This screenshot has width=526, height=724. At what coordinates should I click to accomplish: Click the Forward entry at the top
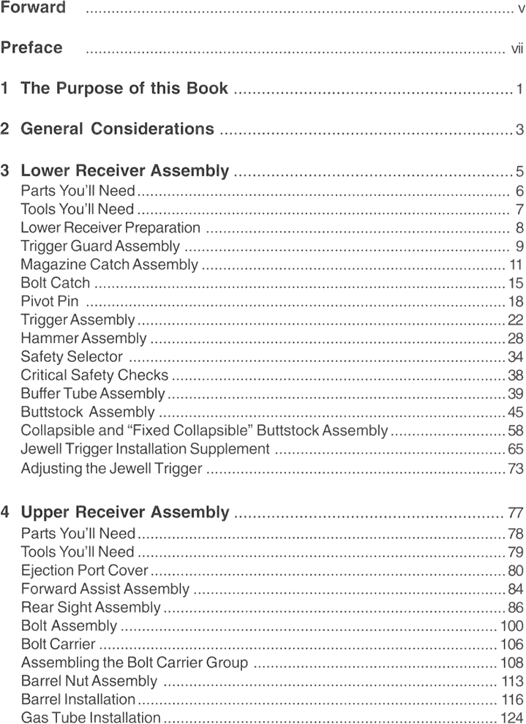pos(33,8)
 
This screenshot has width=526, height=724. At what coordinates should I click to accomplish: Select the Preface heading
pos(31,48)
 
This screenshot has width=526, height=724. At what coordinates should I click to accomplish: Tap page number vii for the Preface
pos(517,49)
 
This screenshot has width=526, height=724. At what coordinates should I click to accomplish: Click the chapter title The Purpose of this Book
pos(124,89)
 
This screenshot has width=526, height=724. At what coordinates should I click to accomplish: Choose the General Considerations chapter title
pos(117,129)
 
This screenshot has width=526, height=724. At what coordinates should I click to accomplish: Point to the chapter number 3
pos(6,171)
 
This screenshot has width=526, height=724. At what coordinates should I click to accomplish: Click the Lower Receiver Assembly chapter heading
pos(124,171)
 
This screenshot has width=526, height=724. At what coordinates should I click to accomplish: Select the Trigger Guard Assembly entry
pos(100,246)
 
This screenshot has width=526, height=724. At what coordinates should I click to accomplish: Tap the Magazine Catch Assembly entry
pos(109,264)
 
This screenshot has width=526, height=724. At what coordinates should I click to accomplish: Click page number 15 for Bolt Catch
pos(516,283)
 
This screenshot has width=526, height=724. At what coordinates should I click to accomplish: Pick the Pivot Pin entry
pos(49,301)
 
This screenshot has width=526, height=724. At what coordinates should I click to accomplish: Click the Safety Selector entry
pos(72,357)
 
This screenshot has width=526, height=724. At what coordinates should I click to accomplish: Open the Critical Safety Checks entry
pos(94,375)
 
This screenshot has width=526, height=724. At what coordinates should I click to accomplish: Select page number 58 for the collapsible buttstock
pos(516,431)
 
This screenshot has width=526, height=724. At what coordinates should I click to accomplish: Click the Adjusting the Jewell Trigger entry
pos(111,468)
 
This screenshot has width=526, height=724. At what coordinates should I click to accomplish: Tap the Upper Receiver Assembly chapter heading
pos(125,512)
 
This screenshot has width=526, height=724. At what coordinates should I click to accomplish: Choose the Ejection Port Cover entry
pos(85,570)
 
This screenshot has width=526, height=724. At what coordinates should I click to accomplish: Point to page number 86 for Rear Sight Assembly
pos(516,608)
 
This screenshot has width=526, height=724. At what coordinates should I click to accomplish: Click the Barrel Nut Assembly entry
pos(89,682)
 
